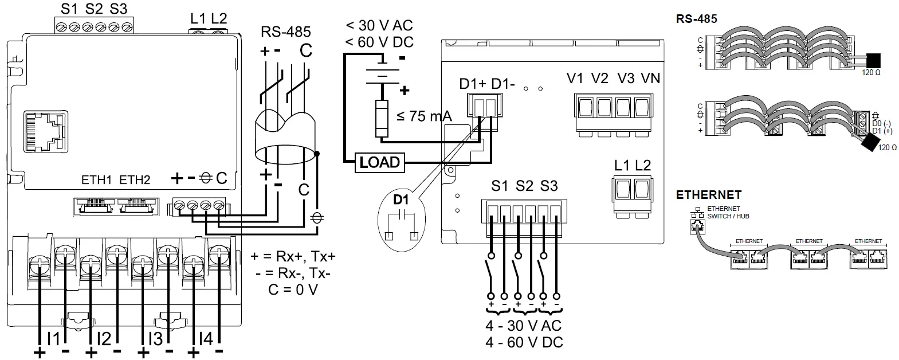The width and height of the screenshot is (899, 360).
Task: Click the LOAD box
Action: point(379,162)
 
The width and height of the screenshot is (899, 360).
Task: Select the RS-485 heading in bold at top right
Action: point(696,19)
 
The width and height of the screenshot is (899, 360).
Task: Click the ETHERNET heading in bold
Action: point(708,195)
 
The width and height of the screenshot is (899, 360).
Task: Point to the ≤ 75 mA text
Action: point(424,117)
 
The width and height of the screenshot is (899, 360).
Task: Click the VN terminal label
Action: point(650,79)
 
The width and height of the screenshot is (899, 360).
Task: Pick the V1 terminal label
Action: point(575,79)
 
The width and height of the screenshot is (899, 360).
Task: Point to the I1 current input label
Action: point(53,339)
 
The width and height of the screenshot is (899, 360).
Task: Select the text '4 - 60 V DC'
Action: point(524,343)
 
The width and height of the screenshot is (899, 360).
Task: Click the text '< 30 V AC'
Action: point(379,26)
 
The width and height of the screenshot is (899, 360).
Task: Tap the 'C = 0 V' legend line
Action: point(292,289)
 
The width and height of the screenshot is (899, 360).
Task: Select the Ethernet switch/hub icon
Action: point(697,221)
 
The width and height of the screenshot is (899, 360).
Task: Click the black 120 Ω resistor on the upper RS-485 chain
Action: point(873,60)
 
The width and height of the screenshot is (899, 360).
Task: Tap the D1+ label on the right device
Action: point(473,84)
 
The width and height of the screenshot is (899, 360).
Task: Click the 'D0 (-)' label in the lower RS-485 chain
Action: point(881,124)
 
